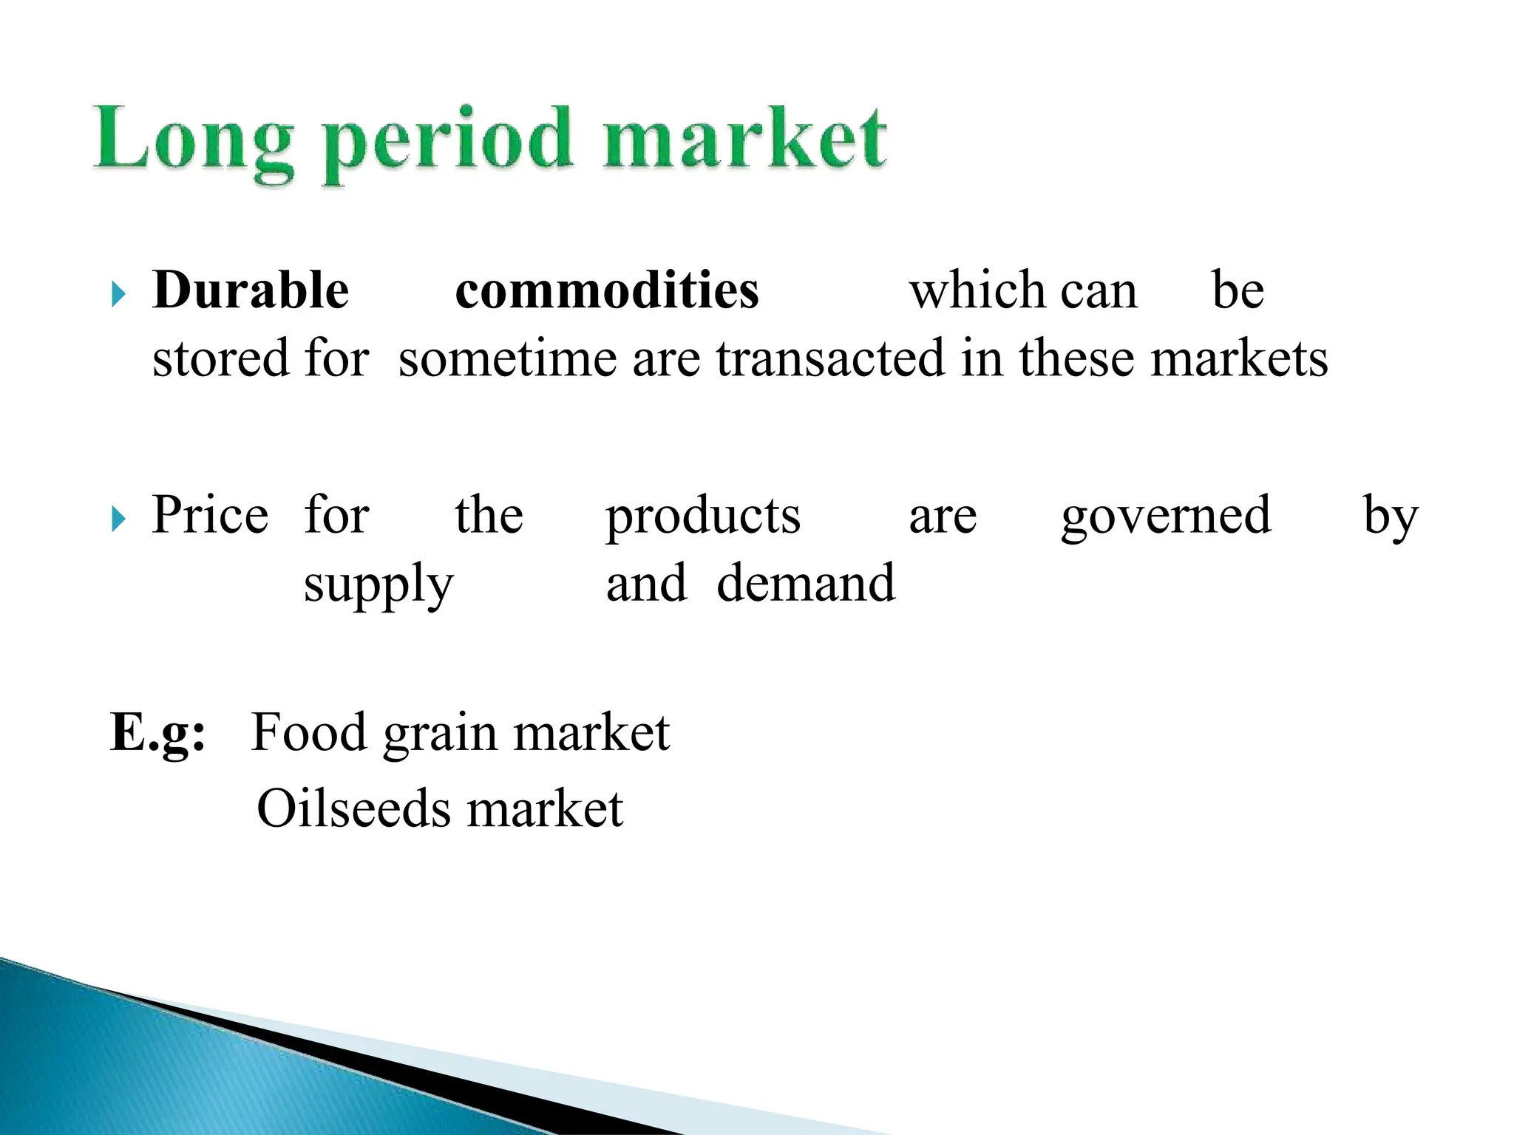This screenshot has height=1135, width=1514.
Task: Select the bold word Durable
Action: coord(251,290)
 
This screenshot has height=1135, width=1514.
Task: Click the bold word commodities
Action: coord(607,290)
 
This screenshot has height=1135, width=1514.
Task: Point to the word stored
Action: coord(220,358)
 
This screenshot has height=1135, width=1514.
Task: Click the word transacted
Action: coord(831,358)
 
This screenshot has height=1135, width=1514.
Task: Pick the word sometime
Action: coord(507,358)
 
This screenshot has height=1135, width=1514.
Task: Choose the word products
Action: coord(703,517)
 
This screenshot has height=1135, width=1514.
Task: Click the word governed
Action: coord(1166,517)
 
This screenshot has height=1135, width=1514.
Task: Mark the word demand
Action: coord(806,583)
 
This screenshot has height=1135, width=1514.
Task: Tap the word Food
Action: coord(309,732)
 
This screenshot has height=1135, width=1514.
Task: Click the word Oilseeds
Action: coord(353,808)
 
